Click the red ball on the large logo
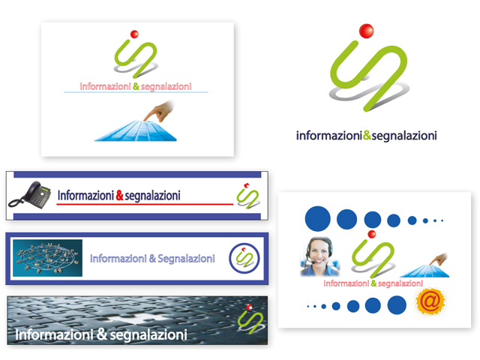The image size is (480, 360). pos(366,31)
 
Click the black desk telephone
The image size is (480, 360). pos(29,195)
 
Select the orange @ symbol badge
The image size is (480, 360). pos(429,302)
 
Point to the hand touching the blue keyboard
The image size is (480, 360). pos(159,111)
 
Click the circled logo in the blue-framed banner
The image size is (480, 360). pos(244,258)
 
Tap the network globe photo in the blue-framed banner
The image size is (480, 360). pos(47,258)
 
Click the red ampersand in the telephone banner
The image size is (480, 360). pos(119,196)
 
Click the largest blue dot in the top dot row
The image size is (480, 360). pos(318,219)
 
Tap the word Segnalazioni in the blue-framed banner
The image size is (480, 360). pos(187,259)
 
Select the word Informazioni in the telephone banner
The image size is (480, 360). pos(85,196)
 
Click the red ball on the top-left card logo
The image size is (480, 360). pos(134,34)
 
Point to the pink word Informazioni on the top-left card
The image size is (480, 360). pos(105,87)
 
